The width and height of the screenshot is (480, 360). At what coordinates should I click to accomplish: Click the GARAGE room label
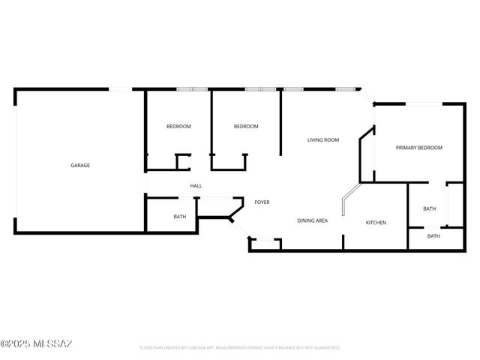(80, 165)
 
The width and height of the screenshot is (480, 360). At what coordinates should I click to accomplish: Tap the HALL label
(196, 186)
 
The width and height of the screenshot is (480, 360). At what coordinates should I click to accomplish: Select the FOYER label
(262, 202)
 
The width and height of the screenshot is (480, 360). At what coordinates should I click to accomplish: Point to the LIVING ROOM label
(323, 139)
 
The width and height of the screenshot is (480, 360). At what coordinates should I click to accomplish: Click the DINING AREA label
(312, 220)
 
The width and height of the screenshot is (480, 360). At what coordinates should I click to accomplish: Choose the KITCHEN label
(376, 223)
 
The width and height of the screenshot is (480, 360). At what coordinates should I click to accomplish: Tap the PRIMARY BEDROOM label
(418, 148)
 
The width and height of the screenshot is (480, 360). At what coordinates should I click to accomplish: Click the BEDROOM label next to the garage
(178, 126)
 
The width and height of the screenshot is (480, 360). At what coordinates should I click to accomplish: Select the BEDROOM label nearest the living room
(246, 126)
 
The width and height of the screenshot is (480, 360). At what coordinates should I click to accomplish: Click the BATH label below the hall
(180, 217)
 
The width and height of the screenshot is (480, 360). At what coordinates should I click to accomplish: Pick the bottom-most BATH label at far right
(433, 236)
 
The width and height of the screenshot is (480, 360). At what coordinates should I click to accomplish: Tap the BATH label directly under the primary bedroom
(429, 208)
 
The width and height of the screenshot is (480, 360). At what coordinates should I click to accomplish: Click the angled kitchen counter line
(349, 196)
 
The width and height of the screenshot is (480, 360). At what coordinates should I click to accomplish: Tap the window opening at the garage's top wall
(120, 89)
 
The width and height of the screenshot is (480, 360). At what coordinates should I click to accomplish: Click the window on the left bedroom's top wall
(191, 89)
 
